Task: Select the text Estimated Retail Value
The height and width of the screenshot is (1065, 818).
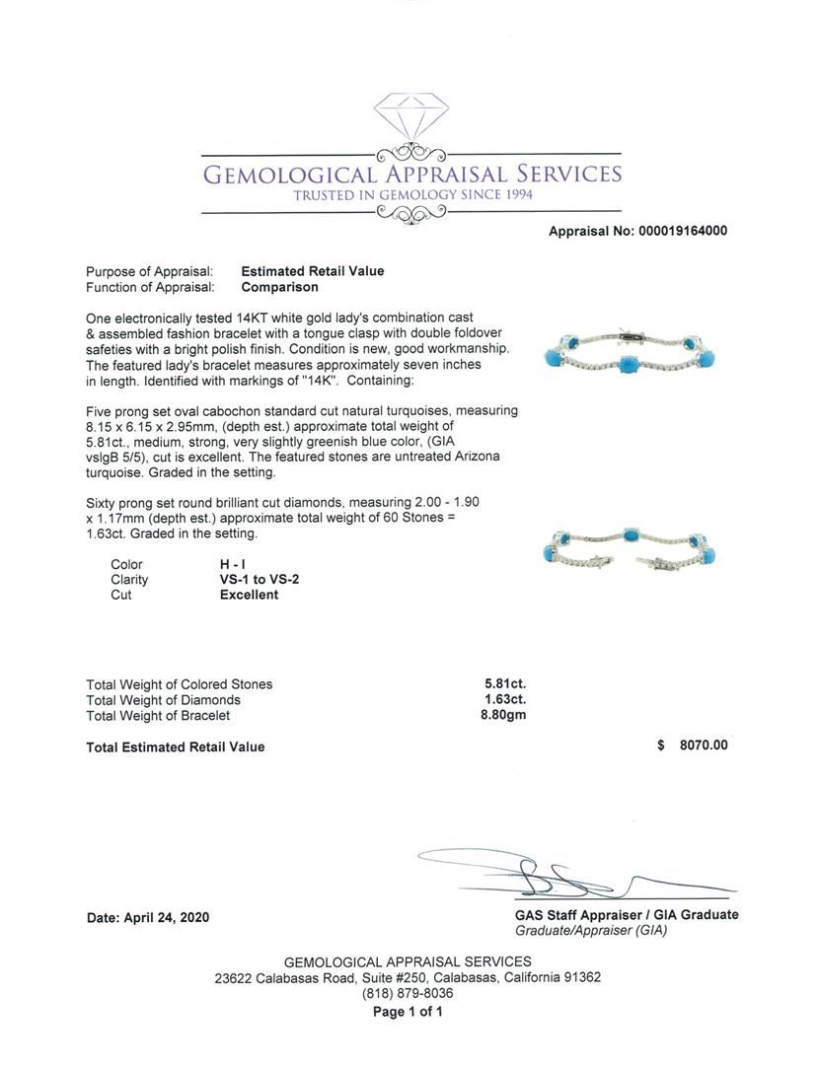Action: pos(313,271)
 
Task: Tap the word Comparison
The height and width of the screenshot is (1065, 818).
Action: pos(280,287)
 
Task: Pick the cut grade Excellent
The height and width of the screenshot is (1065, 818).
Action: pos(249,595)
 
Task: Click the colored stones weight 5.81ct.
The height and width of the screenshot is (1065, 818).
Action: pos(504,683)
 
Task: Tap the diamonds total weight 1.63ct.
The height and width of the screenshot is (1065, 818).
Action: pos(504,699)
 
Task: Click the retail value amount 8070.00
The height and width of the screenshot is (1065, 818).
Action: pos(703,745)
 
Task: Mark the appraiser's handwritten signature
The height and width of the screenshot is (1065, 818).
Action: pos(553,873)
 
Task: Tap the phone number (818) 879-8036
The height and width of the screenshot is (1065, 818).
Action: pos(408,994)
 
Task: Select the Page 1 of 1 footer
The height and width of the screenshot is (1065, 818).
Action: pos(408,1012)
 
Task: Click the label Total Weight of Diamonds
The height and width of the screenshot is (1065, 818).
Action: pos(163,700)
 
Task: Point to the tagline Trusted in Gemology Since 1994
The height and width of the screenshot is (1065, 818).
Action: pos(412,195)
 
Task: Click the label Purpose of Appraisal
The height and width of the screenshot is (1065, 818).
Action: pos(149,271)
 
